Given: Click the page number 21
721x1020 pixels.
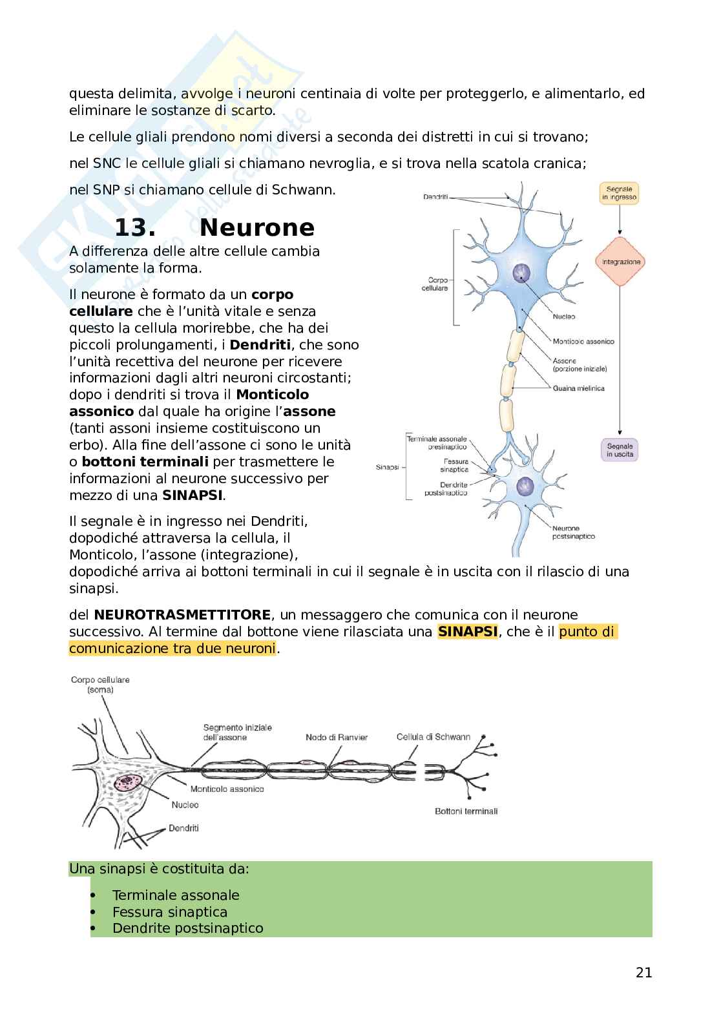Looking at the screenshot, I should [643, 972].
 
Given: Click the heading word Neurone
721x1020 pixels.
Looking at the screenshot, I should [256, 227].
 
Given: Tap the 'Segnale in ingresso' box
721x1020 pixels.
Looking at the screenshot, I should [619, 193].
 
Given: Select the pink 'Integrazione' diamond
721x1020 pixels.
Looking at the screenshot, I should [621, 262].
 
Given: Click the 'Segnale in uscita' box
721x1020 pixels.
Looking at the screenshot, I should [620, 450].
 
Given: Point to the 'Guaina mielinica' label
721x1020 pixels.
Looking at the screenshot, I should [578, 388].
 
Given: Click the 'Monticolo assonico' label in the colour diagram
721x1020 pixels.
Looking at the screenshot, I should [583, 341].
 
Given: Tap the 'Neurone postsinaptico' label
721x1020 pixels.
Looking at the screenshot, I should [574, 532].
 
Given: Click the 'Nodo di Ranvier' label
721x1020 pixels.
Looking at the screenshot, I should [337, 737].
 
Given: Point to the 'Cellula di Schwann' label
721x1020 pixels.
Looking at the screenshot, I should [433, 736].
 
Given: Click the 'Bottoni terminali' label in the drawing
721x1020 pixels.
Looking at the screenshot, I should [466, 811].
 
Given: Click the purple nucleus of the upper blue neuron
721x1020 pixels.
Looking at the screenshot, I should [521, 273].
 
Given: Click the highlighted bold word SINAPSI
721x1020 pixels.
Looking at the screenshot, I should [468, 631].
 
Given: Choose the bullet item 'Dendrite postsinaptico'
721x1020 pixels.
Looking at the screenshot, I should [187, 928].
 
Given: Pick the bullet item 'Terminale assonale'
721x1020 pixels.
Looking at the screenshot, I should [176, 895].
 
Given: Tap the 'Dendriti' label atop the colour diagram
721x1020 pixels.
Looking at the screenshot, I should [435, 196].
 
